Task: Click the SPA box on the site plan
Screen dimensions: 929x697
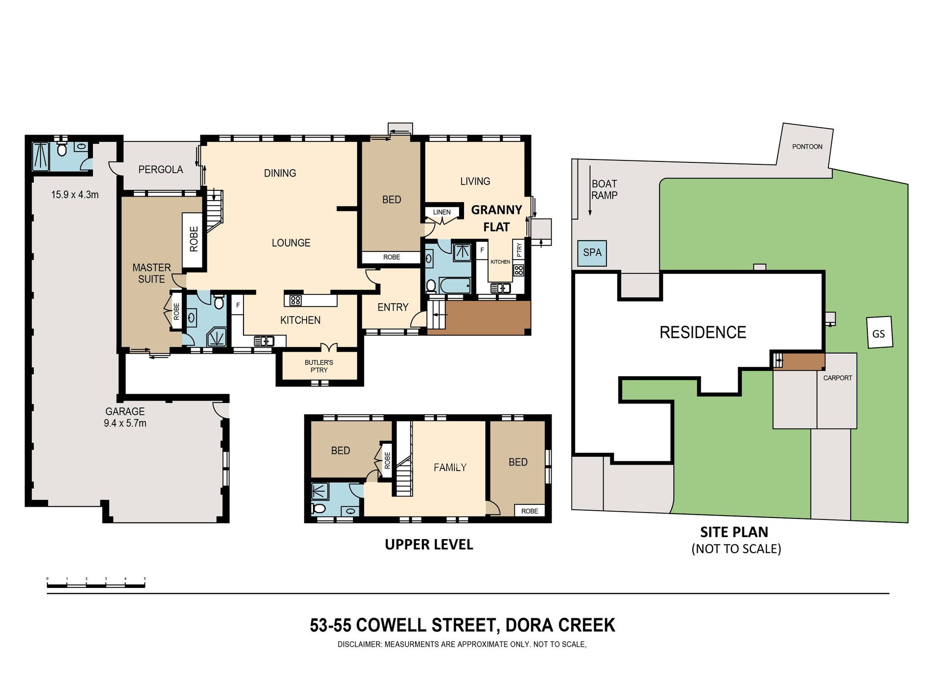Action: [592, 253]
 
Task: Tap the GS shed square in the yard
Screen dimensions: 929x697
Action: [879, 333]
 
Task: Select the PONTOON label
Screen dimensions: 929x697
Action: [807, 146]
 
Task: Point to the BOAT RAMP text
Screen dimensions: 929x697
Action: [604, 189]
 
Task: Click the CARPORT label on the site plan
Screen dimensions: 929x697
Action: [838, 378]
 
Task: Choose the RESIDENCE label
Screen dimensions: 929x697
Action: [703, 333]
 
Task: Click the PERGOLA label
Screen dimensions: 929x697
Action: [160, 169]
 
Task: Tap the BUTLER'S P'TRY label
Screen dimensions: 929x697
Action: [319, 366]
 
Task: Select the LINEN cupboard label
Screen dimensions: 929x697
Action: [442, 212]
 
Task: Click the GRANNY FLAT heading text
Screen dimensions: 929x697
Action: [497, 218]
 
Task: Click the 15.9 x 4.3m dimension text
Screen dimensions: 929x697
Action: [75, 195]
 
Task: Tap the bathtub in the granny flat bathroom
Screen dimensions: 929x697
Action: [454, 285]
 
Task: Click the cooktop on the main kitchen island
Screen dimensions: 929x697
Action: [295, 300]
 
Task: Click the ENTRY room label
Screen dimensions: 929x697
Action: [393, 307]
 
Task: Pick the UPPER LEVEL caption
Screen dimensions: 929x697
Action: [429, 544]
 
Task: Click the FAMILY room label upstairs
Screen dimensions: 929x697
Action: [450, 468]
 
